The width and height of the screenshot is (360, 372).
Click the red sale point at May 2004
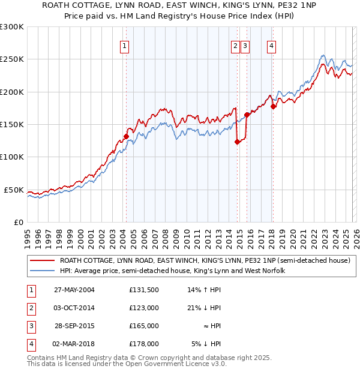(x=126, y=136)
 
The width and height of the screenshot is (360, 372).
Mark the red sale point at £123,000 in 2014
(x=237, y=142)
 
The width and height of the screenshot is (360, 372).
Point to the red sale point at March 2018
(x=273, y=107)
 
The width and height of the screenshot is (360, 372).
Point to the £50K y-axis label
(x=14, y=190)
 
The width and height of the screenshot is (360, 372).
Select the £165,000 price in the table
(x=143, y=326)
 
